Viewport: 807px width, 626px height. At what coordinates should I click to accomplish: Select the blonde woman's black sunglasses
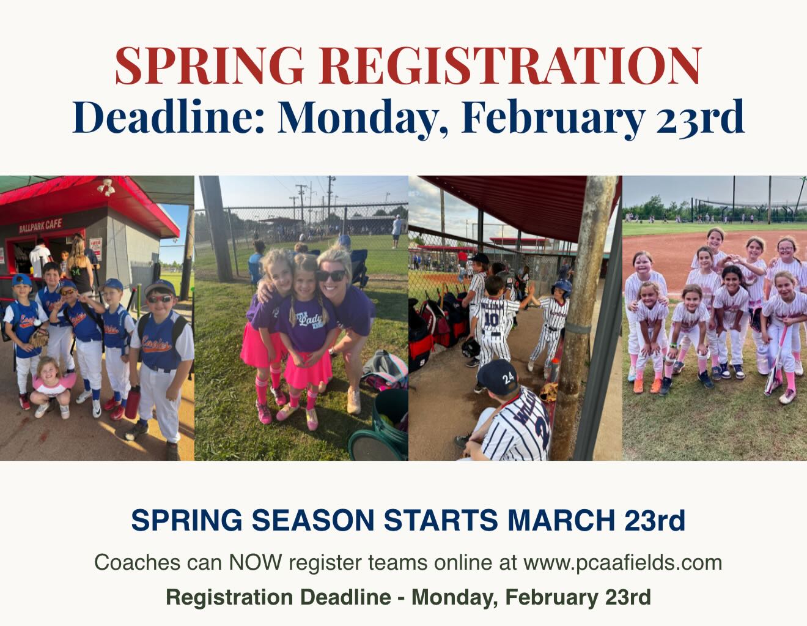pos(330,276)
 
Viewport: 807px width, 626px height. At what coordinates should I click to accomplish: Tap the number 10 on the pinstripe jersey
pos(491,320)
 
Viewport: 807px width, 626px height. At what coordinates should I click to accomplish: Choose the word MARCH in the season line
pos(561,520)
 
